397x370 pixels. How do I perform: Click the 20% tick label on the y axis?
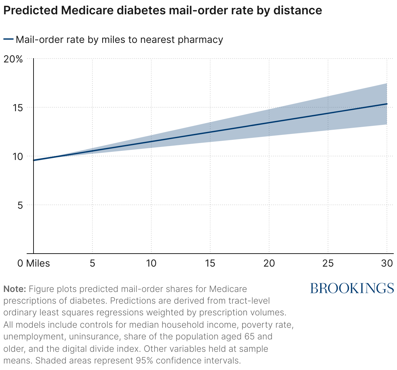tap(13, 59)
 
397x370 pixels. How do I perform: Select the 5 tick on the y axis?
tap(20, 205)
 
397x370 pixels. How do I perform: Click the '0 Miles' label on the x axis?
tap(34, 263)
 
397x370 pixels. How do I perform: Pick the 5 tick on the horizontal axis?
tap(92, 263)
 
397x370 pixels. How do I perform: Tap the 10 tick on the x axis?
tap(151, 263)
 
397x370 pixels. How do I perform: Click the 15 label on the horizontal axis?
tap(210, 263)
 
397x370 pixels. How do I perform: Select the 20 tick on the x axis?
tap(269, 263)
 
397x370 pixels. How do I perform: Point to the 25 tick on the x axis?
tap(328, 263)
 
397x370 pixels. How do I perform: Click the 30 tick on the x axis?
tap(387, 263)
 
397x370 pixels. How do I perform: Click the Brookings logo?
tap(352, 288)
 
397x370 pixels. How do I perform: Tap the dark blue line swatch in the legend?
tap(8, 40)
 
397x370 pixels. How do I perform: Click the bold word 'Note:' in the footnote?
tap(14, 289)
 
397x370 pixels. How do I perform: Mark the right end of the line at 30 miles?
tap(387, 104)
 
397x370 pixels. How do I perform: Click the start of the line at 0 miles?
tap(34, 160)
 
